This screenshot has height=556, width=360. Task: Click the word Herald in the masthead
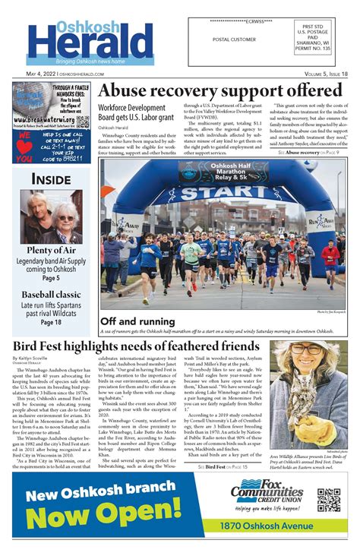tap(90, 43)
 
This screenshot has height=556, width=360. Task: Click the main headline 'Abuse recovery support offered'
tap(220, 90)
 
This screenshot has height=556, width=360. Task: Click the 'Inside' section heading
tap(52, 178)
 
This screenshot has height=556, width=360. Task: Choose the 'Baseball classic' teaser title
tap(52, 294)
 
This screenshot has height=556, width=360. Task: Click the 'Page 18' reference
tap(52, 322)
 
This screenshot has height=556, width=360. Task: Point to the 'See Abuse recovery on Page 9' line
tap(308, 152)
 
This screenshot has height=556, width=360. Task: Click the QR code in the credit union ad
tap(328, 500)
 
